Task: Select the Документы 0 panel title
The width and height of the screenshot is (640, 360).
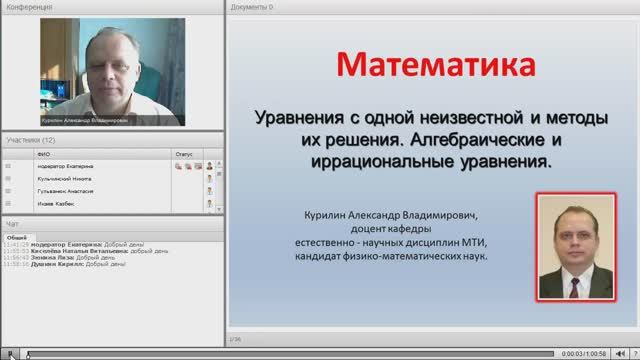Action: (x=252, y=5)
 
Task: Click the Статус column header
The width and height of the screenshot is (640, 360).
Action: (x=183, y=155)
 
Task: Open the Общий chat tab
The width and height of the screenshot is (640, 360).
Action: (x=16, y=236)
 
